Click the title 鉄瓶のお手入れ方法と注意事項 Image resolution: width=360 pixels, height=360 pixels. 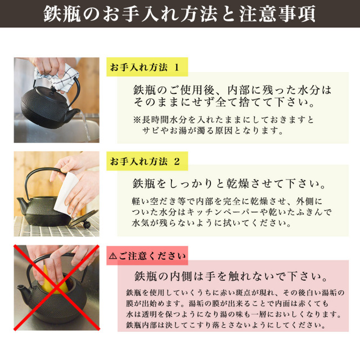pyautogui.click(x=179, y=13)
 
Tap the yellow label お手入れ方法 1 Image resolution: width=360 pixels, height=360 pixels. pyautogui.click(x=147, y=67)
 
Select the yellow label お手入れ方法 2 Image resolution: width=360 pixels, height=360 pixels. pyautogui.click(x=147, y=161)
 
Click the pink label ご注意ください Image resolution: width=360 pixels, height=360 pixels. pyautogui.click(x=147, y=255)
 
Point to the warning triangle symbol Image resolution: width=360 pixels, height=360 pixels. pyautogui.click(x=112, y=256)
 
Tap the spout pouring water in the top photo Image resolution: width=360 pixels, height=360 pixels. pyautogui.click(x=74, y=114)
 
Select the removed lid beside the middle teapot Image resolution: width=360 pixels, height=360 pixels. pyautogui.click(x=83, y=220)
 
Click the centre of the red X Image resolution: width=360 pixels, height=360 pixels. pyautogui.click(x=57, y=287)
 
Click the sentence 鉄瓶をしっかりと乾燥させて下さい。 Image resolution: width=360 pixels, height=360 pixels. pyautogui.click(x=229, y=184)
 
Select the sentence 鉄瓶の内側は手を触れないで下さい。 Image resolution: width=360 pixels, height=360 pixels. pyautogui.click(x=231, y=276)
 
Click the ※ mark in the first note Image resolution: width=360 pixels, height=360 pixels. pyautogui.click(x=137, y=120)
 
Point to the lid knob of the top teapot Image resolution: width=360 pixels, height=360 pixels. pyautogui.click(x=53, y=89)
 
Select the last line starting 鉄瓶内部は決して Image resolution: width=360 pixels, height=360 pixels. pyautogui.click(x=226, y=325)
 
